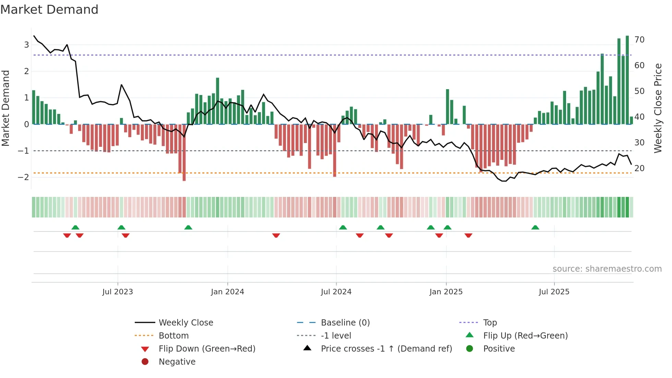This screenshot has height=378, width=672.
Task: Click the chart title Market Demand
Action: click(49, 10)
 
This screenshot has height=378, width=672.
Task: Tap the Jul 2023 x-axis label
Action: click(118, 292)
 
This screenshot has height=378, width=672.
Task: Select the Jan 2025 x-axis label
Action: click(446, 292)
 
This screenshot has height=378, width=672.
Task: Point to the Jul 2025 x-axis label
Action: click(554, 292)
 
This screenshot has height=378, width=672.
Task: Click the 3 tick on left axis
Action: click(26, 45)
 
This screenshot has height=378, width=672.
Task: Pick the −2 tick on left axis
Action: click(24, 177)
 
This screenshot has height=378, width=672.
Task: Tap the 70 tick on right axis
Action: click(639, 40)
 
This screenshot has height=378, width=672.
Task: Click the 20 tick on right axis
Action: click(639, 168)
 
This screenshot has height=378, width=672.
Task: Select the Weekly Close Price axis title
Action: click(658, 108)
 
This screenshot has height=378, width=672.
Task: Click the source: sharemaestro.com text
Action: click(607, 269)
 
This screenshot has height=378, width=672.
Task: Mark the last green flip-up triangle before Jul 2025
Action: click(535, 227)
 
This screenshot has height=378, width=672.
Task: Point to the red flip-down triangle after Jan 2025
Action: click(468, 235)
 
